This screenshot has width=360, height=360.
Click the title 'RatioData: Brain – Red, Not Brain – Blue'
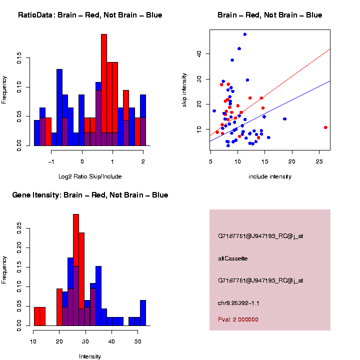(x=90, y=15)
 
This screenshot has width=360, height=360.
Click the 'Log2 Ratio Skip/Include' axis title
(x=89, y=176)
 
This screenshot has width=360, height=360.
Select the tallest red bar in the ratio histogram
(x=104, y=90)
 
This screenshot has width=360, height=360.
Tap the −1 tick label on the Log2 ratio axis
(x=51, y=161)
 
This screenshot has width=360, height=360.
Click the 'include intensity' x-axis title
(x=270, y=176)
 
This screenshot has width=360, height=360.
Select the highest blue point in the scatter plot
(x=244, y=34)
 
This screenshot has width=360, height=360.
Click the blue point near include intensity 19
(x=284, y=119)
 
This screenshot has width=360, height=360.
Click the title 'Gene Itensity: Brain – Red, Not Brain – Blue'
(x=90, y=195)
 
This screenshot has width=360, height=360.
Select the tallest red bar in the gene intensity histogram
(x=76, y=270)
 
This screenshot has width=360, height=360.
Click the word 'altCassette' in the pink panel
(x=233, y=258)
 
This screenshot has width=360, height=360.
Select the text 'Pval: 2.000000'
(x=238, y=319)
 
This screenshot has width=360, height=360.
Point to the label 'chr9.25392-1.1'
(x=238, y=303)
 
